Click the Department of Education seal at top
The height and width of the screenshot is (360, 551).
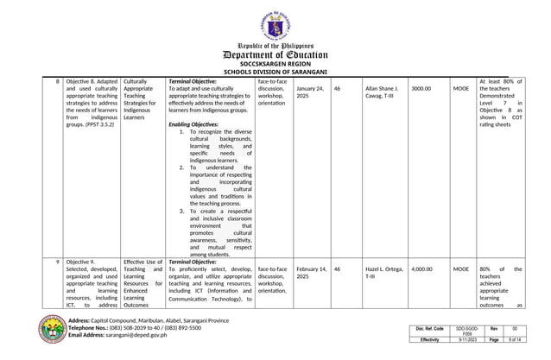[275, 18]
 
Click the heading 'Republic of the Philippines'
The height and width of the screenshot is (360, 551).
[275, 43]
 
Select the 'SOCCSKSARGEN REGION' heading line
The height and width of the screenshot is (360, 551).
[275, 64]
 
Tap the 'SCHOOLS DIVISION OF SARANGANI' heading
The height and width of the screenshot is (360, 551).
[275, 72]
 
